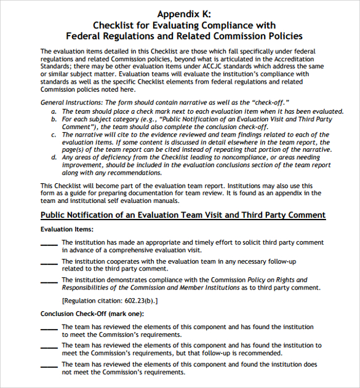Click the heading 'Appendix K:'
tap(179, 14)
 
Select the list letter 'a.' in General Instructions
tap(54, 111)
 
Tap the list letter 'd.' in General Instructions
tap(54, 157)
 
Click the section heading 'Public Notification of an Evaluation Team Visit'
tap(183, 215)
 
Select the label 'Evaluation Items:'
tap(66, 229)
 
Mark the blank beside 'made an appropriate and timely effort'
tap(49, 243)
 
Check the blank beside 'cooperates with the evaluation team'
tap(49, 263)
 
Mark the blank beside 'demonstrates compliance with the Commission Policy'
tap(49, 282)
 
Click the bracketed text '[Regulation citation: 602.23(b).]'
tap(110, 301)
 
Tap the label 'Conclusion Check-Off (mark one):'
tap(92, 314)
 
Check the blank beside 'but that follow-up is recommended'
tap(49, 347)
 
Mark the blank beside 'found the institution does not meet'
tap(49, 366)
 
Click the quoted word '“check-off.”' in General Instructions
tap(270, 102)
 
